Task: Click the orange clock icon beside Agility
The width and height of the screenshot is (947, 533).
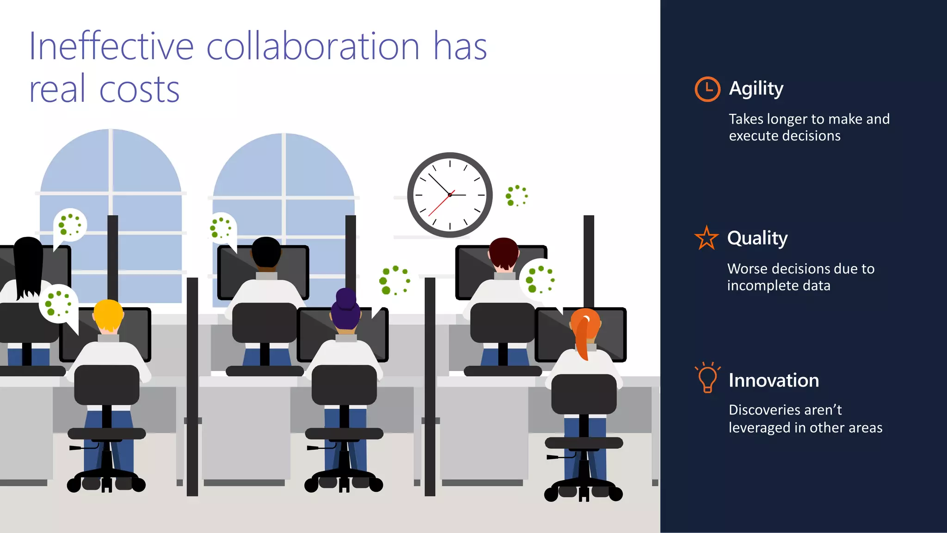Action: [x=707, y=89]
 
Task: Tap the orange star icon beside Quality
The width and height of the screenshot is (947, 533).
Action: [x=706, y=239]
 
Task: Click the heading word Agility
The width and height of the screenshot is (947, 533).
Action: [x=756, y=89]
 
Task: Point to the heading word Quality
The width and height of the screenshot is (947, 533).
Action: [x=757, y=239]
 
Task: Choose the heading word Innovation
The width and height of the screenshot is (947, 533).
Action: [x=774, y=380]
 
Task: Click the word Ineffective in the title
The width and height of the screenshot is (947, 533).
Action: [x=111, y=46]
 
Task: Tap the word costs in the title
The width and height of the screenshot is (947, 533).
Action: [x=139, y=89]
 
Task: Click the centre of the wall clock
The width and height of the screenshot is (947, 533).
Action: [x=449, y=195]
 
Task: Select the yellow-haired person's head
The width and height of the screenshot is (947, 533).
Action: [x=108, y=315]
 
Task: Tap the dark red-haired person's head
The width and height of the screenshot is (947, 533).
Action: [x=504, y=252]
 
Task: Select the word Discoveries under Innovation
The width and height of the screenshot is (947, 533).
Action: [x=765, y=410]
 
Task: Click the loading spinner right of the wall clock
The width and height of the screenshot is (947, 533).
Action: [x=517, y=195]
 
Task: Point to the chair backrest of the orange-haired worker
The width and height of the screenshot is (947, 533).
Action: [x=584, y=394]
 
